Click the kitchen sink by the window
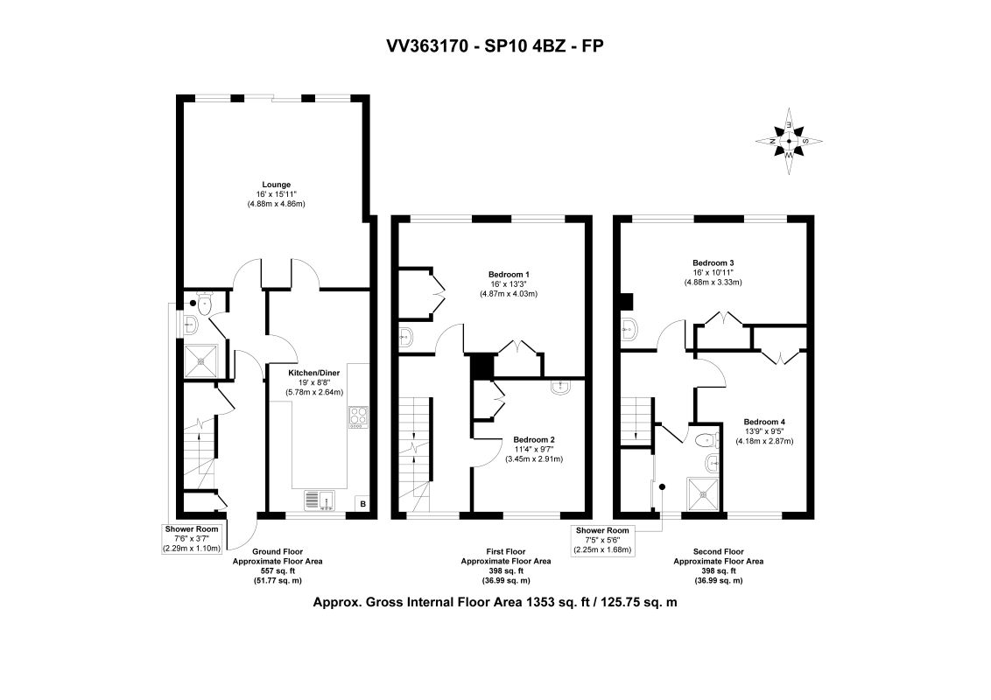(321, 500)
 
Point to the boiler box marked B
(362, 503)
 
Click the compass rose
(789, 141)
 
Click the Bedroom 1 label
(509, 274)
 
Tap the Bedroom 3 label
(713, 262)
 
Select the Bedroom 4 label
(764, 422)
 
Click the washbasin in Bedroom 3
(630, 329)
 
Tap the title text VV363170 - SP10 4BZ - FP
(495, 45)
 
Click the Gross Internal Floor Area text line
(495, 602)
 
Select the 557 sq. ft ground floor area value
(278, 570)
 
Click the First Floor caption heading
(506, 551)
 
